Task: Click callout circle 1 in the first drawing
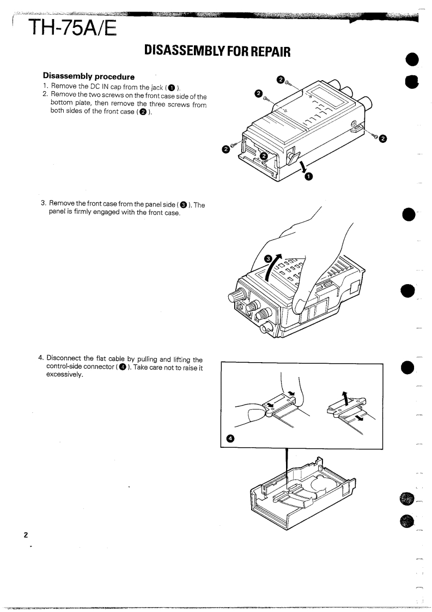tap(308, 176)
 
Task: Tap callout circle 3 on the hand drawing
tap(268, 259)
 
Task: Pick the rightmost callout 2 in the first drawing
tap(382, 139)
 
